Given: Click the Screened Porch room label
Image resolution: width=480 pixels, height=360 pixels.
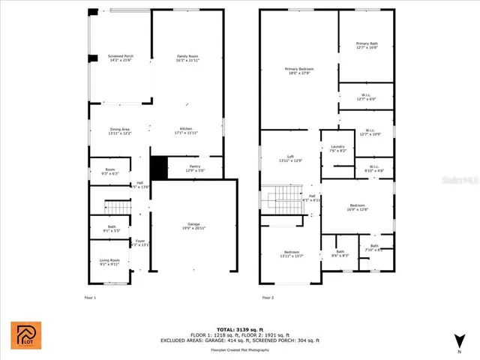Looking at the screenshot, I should pyautogui.click(x=100, y=58).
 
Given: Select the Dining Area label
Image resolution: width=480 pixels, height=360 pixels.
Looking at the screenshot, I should pyautogui.click(x=120, y=130).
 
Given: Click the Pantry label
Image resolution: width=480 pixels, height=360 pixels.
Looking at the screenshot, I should pyautogui.click(x=194, y=169).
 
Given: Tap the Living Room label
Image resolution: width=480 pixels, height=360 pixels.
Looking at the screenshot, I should pyautogui.click(x=109, y=262).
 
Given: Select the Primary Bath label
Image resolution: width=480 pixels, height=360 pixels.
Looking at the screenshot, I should pyautogui.click(x=367, y=46).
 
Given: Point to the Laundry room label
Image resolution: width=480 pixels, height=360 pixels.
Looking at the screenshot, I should pyautogui.click(x=337, y=148).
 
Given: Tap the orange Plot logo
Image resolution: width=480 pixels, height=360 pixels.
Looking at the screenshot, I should pyautogui.click(x=25, y=335).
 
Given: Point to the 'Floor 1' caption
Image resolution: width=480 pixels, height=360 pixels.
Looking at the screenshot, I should pyautogui.click(x=91, y=297).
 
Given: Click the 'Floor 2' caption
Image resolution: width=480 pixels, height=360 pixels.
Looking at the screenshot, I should pyautogui.click(x=268, y=297).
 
